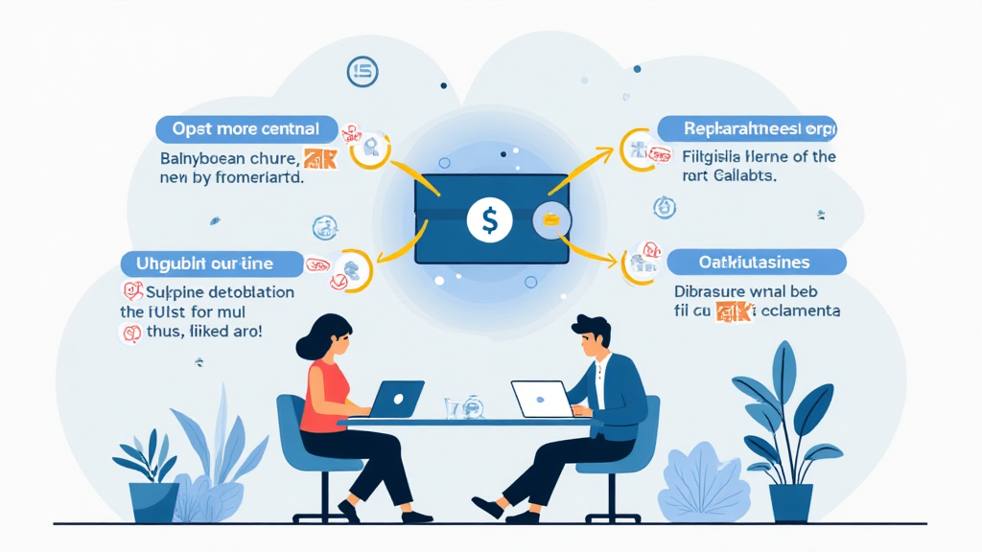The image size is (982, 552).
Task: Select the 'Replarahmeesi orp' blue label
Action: (746, 128)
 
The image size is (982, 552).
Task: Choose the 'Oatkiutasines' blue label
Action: (756, 262)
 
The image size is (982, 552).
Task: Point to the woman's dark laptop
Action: (395, 398)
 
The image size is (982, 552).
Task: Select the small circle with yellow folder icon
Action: (551, 221)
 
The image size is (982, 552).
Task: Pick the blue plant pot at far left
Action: (153, 502)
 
